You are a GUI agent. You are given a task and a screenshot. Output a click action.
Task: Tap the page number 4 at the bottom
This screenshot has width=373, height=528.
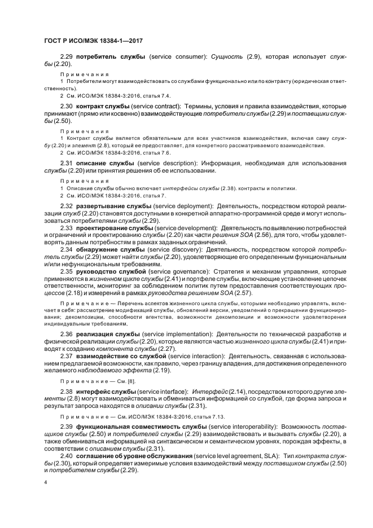pos(45,483)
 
